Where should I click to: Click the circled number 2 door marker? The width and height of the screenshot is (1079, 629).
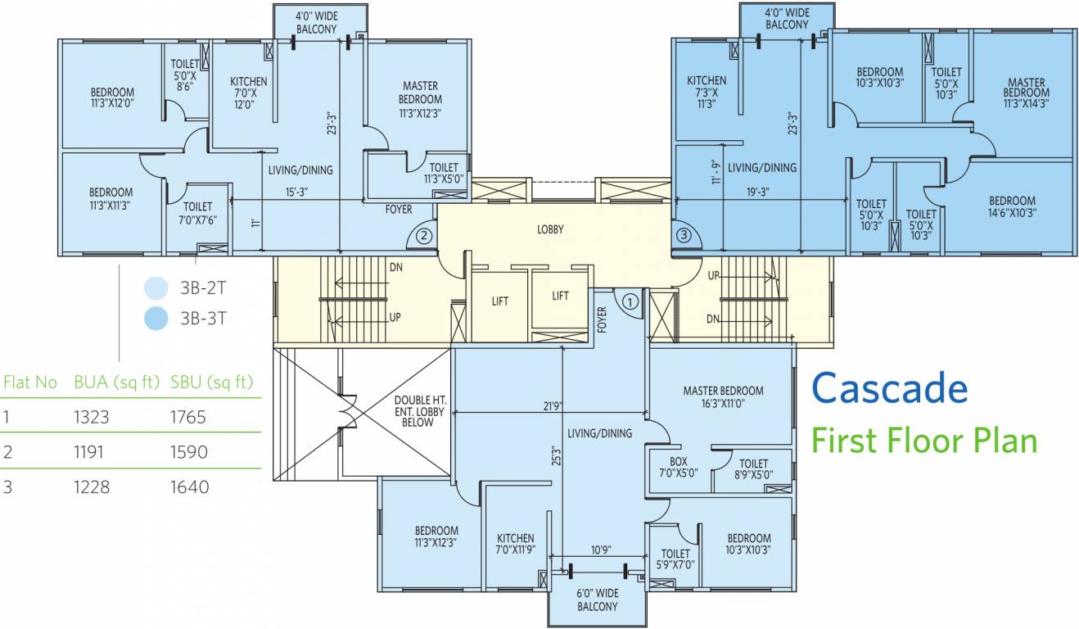click(424, 236)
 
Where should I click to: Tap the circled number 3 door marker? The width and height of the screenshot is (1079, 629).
click(684, 235)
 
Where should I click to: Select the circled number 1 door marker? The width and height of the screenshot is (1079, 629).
click(630, 302)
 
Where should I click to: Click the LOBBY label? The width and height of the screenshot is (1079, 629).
click(550, 229)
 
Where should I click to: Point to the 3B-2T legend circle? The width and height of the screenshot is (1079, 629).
click(156, 288)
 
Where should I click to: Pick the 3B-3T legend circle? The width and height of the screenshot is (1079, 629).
click(156, 318)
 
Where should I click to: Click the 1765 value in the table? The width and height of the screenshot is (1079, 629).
click(188, 417)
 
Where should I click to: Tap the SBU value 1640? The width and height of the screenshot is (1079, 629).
click(189, 486)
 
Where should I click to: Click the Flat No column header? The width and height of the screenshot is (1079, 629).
click(29, 382)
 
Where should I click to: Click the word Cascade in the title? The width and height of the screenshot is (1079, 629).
click(890, 388)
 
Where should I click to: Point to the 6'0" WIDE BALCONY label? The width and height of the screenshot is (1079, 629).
click(598, 600)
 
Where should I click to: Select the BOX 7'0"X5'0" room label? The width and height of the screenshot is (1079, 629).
click(678, 467)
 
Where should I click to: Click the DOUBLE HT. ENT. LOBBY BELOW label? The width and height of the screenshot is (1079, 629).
click(419, 411)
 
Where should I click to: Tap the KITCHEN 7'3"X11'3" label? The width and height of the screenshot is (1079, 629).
click(707, 92)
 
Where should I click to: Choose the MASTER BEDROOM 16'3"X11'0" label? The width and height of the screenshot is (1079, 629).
click(723, 396)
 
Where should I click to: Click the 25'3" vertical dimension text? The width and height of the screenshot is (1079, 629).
click(557, 455)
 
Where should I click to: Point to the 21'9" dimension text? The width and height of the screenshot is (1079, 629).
click(553, 406)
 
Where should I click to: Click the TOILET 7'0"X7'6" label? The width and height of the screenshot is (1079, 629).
click(197, 213)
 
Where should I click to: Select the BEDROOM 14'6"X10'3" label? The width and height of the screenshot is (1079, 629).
click(1012, 206)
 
